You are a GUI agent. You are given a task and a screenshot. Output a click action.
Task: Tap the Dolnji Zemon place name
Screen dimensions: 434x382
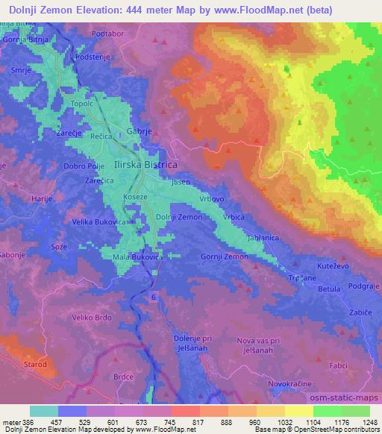[x=178, y=217]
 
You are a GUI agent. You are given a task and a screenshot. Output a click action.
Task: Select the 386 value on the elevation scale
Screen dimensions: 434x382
[x=30, y=422]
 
